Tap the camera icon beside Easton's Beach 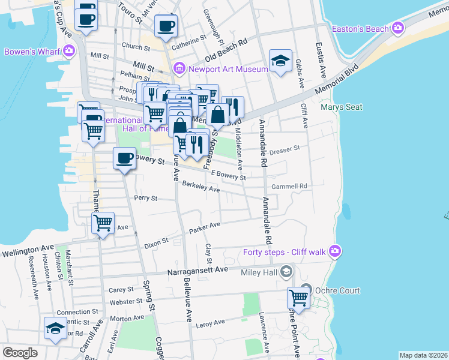coord(397,28)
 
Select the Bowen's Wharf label coord(31,52)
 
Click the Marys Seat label coord(342,107)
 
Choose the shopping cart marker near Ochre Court coord(298,296)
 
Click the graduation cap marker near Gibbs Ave coord(280,60)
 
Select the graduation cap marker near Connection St coord(55,328)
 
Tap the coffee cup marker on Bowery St coord(124,158)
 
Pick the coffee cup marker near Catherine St coord(166,26)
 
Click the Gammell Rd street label coord(289,187)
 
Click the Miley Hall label coord(258,273)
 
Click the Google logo coord(20,353)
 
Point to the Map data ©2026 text coord(423,355)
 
